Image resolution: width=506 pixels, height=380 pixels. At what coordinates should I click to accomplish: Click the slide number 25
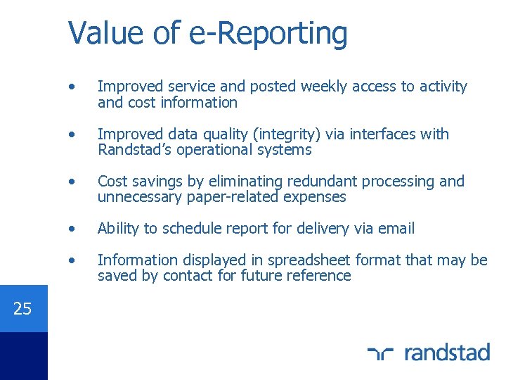coord(22,308)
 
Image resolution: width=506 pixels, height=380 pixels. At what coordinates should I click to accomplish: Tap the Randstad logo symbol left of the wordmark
coord(381,352)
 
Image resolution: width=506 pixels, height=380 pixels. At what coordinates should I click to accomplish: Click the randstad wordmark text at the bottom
coord(447,351)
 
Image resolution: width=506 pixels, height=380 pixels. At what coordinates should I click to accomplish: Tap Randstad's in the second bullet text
coord(133,150)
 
